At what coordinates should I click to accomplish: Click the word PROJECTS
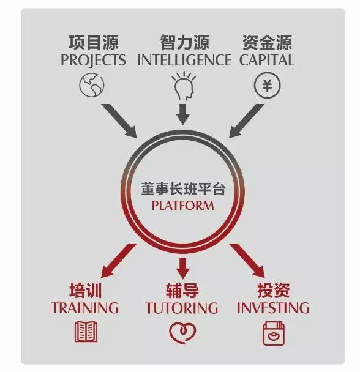click(93, 60)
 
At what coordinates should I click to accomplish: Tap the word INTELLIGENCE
click(184, 60)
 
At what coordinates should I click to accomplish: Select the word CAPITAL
click(267, 60)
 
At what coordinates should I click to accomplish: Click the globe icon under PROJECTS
click(92, 85)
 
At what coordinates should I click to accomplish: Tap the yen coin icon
click(267, 85)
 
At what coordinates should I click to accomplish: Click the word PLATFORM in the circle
click(182, 206)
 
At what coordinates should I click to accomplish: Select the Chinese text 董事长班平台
click(183, 189)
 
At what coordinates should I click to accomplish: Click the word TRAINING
click(84, 308)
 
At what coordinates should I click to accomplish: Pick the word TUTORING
click(182, 308)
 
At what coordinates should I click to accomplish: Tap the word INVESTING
click(273, 308)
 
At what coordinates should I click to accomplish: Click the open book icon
click(86, 332)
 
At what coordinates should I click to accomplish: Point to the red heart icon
click(182, 332)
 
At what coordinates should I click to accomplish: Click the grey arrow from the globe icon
click(119, 121)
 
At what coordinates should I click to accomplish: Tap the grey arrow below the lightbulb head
click(183, 114)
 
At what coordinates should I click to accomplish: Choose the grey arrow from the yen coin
click(247, 121)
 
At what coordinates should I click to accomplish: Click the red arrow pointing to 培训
click(119, 261)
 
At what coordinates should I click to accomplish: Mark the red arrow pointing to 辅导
click(183, 269)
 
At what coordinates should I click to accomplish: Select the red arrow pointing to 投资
click(247, 261)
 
